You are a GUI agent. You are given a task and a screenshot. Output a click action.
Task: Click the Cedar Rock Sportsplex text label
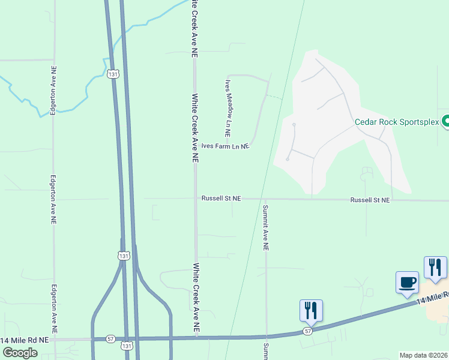(397, 122)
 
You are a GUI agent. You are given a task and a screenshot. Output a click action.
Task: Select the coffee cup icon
(407, 282)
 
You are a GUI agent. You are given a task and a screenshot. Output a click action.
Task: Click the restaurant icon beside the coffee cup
(435, 268)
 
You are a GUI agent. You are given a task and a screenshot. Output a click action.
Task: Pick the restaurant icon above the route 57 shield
(311, 310)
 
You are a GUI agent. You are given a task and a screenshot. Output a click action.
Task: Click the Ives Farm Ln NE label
(225, 146)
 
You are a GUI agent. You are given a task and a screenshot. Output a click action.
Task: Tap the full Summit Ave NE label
(265, 227)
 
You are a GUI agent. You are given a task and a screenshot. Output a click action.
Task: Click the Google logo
(20, 353)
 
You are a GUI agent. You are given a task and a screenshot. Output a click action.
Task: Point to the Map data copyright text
(424, 355)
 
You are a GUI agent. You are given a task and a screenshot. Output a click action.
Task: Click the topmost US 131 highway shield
(113, 74)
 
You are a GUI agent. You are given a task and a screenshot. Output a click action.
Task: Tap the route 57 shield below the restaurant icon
(308, 331)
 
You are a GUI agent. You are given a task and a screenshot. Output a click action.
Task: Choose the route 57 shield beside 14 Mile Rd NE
(110, 339)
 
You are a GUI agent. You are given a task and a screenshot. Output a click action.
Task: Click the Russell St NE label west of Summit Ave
(221, 198)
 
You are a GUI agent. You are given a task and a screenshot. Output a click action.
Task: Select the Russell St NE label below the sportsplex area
(370, 199)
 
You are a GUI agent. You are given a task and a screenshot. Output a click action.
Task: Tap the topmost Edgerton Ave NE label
(53, 89)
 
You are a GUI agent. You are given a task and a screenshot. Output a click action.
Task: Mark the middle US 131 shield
(124, 256)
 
